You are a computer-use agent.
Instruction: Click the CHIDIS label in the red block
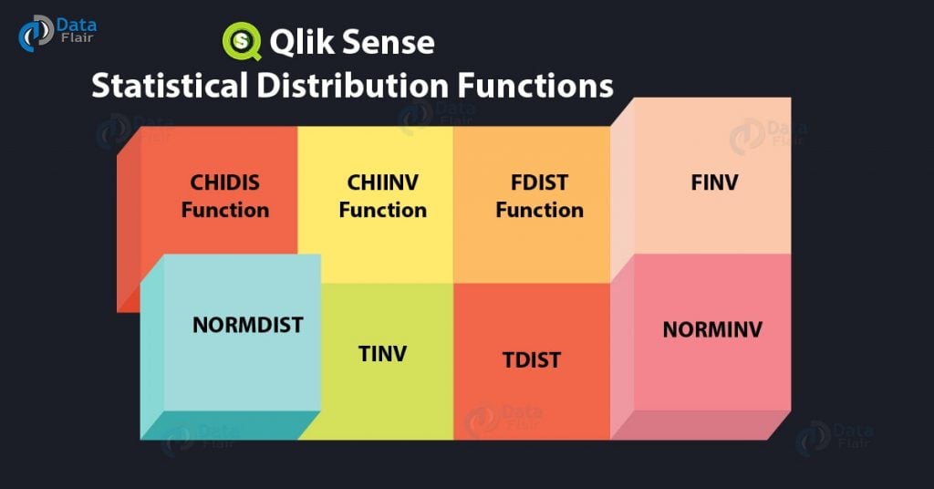224,182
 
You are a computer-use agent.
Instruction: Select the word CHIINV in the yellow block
382,182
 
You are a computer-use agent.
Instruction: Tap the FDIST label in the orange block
539,182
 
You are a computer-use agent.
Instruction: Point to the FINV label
714,182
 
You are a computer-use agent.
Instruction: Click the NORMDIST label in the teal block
247,325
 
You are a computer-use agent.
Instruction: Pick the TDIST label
531,359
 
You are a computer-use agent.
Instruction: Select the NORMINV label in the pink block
711,329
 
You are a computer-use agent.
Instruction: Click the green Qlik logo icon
242,41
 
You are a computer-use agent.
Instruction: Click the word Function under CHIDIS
224,210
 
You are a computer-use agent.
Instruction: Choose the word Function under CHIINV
382,210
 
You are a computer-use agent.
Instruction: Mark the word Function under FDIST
539,210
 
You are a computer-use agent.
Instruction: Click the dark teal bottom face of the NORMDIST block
228,424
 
